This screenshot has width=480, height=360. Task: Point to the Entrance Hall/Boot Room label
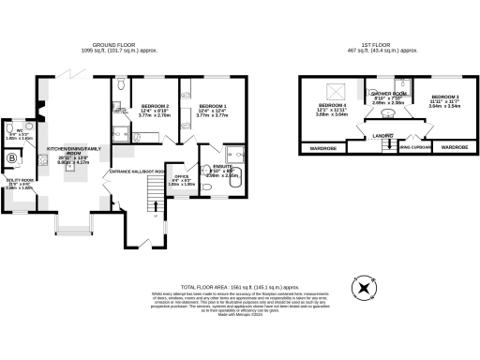point(137,172)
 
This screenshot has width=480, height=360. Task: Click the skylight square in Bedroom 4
point(333,91)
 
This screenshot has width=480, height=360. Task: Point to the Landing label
point(382,136)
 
